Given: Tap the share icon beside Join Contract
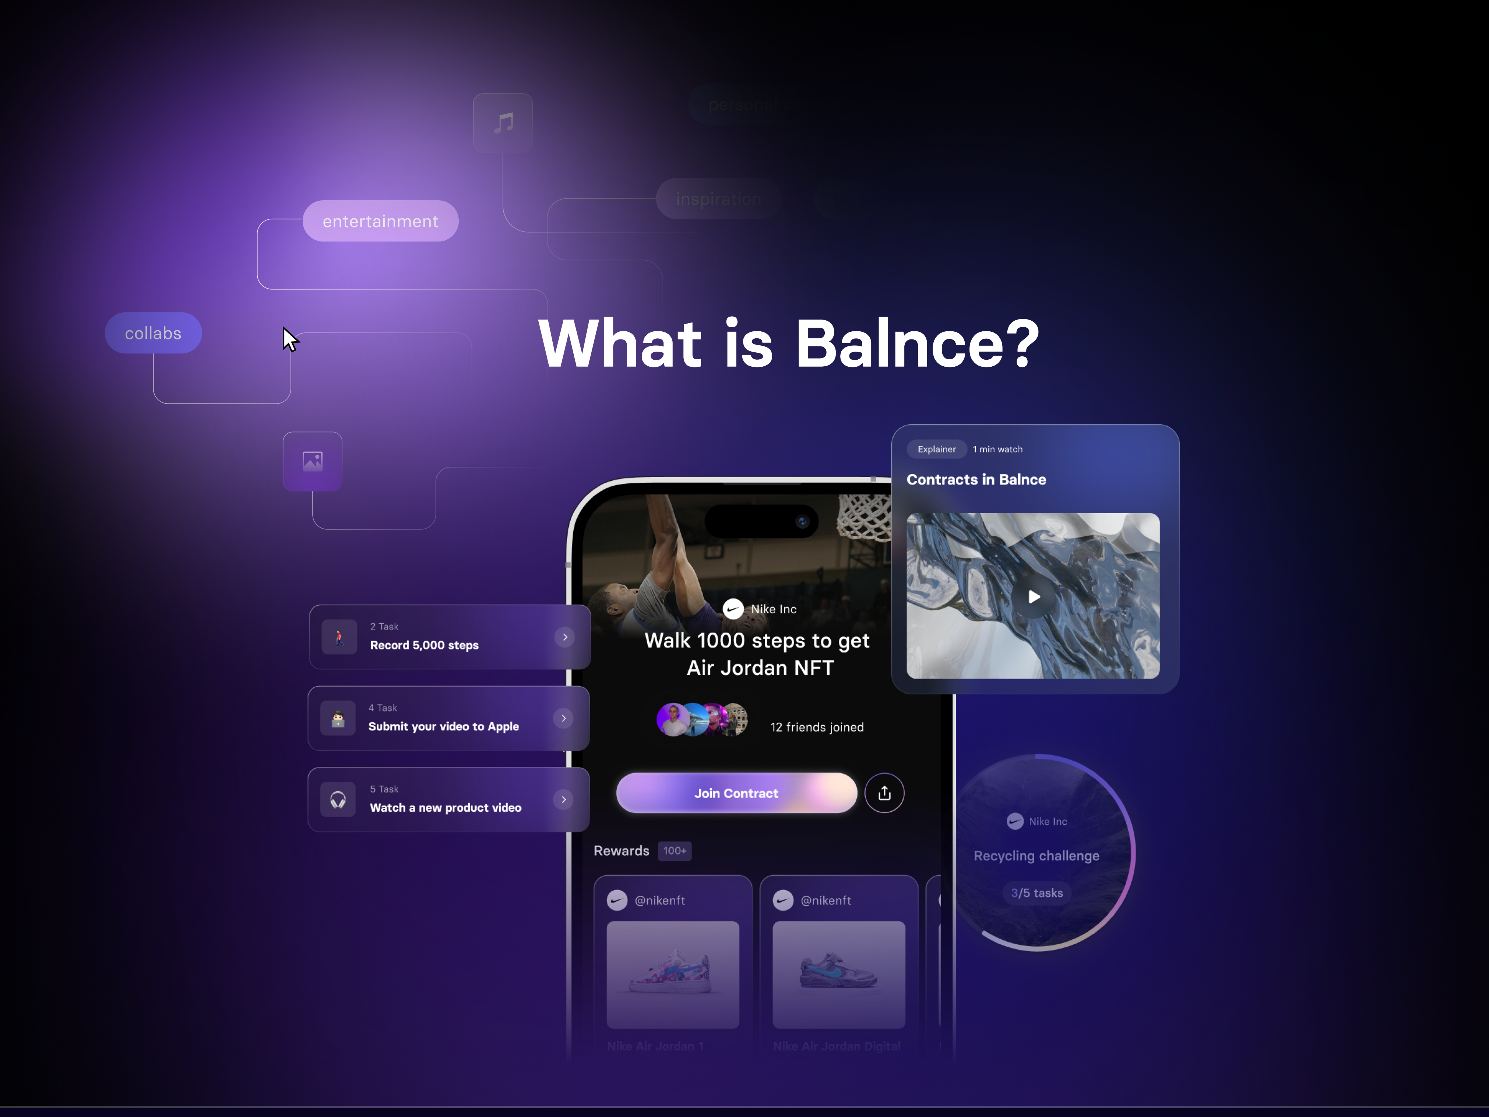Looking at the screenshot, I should [x=884, y=793].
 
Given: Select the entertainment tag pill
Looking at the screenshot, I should [x=380, y=221].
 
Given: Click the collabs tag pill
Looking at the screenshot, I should [x=154, y=333].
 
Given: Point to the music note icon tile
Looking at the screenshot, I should [x=503, y=123].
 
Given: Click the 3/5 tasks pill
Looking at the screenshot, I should [x=1036, y=893].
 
